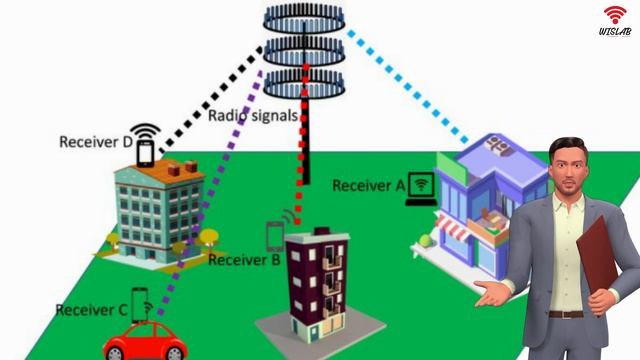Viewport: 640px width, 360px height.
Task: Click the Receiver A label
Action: [x=369, y=186]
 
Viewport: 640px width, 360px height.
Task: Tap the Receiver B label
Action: [x=244, y=260]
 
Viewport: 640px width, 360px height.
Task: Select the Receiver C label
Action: [x=91, y=310]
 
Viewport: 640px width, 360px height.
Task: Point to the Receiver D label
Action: [x=96, y=142]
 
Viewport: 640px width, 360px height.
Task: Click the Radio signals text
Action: [x=253, y=116]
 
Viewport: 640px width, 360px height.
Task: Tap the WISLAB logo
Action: [x=615, y=21]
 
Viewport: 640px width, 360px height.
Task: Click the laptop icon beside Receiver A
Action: [x=421, y=189]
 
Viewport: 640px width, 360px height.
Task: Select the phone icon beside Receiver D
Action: [x=146, y=152]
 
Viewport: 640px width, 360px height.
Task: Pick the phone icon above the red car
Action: [x=140, y=304]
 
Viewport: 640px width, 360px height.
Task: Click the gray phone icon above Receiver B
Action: [x=275, y=237]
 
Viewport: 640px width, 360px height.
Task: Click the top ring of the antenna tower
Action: [x=304, y=19]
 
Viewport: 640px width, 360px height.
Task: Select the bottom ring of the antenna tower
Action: [x=304, y=84]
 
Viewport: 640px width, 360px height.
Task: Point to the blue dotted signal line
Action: [x=408, y=87]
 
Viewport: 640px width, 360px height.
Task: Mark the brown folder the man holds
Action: [x=597, y=256]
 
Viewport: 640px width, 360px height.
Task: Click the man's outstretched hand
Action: [x=491, y=293]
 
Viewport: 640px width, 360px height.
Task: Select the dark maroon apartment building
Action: [x=317, y=283]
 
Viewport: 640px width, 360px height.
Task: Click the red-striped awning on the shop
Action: [x=452, y=228]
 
